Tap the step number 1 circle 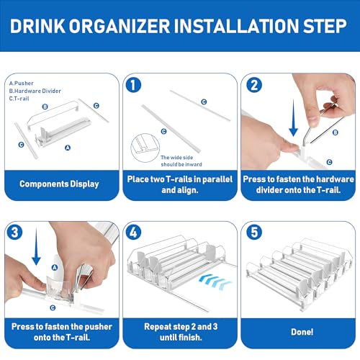[x=133, y=85]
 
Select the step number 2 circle [x=254, y=85]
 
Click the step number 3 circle [x=14, y=232]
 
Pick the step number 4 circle [x=133, y=232]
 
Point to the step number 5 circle [x=254, y=232]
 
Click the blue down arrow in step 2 [x=293, y=117]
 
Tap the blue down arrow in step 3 [x=36, y=246]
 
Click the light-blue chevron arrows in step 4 [x=215, y=281]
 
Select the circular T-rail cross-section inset [x=145, y=148]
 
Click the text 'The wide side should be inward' [x=181, y=161]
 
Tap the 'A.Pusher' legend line [x=21, y=84]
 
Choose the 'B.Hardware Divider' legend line [x=35, y=91]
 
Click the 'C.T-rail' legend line [x=19, y=99]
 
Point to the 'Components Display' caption [x=59, y=184]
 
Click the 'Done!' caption [x=302, y=332]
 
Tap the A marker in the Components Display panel [x=68, y=148]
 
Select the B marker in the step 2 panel [x=336, y=132]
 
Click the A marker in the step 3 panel [x=55, y=267]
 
